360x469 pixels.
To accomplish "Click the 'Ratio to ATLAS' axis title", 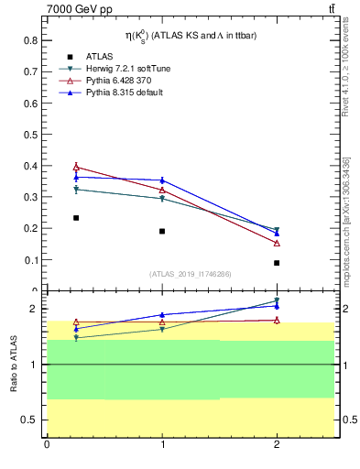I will coord(14,365).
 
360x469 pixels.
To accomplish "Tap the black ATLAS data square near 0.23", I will coord(76,218).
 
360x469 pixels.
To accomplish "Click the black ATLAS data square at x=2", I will coord(277,263).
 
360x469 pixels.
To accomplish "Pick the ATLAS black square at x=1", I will coord(162,231).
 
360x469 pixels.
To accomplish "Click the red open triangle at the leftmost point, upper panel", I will coord(76,168).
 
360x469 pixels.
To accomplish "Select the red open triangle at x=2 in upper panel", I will coord(277,243).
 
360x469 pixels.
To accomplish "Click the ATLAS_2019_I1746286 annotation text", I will coord(190,274).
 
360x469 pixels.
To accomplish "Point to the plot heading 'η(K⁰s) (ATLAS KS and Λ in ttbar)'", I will coord(190,36).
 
